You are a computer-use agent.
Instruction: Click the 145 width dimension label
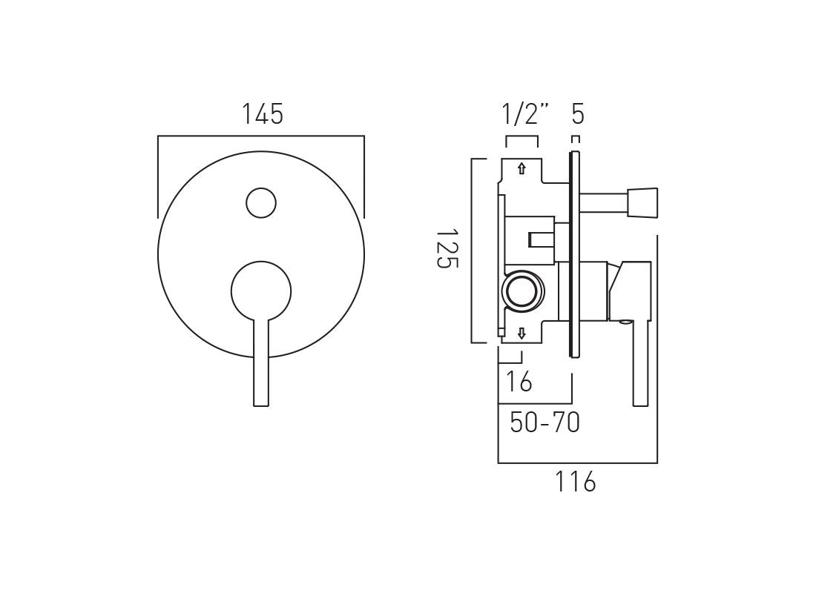pos(263,115)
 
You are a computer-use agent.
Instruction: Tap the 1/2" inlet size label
pos(525,115)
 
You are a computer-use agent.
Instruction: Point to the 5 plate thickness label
pos(578,115)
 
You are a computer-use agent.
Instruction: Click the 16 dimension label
pos(519,382)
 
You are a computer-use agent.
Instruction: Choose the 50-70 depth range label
pos(544,423)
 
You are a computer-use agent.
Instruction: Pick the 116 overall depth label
pos(575,482)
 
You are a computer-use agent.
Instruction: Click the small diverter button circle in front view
pos(260,202)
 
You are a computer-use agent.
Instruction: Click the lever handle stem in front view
pos(261,363)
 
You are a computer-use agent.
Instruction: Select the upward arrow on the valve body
pos(521,168)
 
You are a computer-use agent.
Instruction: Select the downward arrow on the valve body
pos(521,333)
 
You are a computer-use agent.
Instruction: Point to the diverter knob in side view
pos(642,203)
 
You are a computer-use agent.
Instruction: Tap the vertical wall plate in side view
pos(573,252)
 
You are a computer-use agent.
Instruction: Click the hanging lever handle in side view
pos(642,363)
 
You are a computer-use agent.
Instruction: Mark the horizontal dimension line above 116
pos(577,463)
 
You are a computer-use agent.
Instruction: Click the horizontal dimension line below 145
pos(261,136)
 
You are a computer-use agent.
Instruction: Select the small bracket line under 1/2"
pos(521,137)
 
